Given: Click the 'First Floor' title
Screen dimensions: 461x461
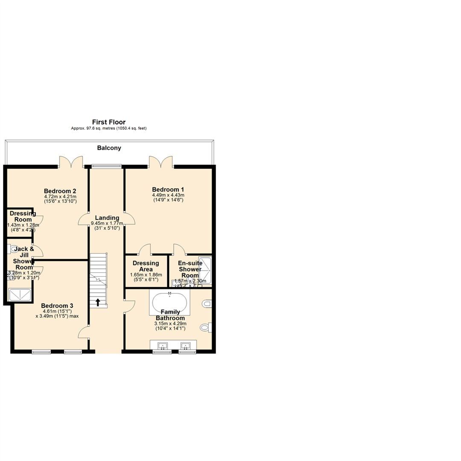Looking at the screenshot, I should coord(109,122).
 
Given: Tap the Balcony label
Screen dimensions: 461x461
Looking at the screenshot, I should coord(109,148).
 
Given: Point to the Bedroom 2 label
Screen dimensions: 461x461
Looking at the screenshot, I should coord(60,190).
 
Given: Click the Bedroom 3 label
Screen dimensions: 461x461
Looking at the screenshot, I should coord(57,306).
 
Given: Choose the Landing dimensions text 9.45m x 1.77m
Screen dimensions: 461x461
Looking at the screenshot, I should coord(107,223).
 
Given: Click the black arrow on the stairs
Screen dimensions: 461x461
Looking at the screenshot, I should coord(98,302).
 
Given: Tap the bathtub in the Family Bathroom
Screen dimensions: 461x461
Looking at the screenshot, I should coord(169,303).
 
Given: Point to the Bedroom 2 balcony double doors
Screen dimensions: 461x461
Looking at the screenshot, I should coord(70,162).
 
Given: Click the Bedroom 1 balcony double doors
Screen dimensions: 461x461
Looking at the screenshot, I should coord(161,162).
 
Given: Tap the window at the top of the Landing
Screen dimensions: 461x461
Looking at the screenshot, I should coord(107,166).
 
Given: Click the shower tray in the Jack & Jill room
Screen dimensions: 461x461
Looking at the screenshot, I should coord(20,295).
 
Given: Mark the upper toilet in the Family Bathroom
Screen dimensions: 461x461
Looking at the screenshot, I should coord(207,304).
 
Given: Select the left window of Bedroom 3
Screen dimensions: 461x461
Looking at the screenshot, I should coord(41,352).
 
